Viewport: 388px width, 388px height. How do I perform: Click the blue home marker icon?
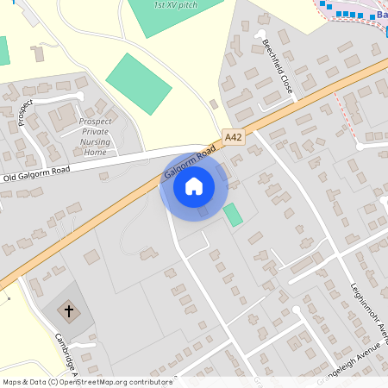(193, 185)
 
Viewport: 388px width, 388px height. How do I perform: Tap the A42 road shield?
(233, 137)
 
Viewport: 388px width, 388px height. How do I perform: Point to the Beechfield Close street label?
(278, 65)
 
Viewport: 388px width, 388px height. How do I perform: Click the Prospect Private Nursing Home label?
(96, 136)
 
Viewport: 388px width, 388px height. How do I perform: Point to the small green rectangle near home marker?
(233, 215)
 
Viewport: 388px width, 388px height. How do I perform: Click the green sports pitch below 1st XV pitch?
(138, 83)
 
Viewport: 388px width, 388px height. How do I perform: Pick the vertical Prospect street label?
(25, 112)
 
